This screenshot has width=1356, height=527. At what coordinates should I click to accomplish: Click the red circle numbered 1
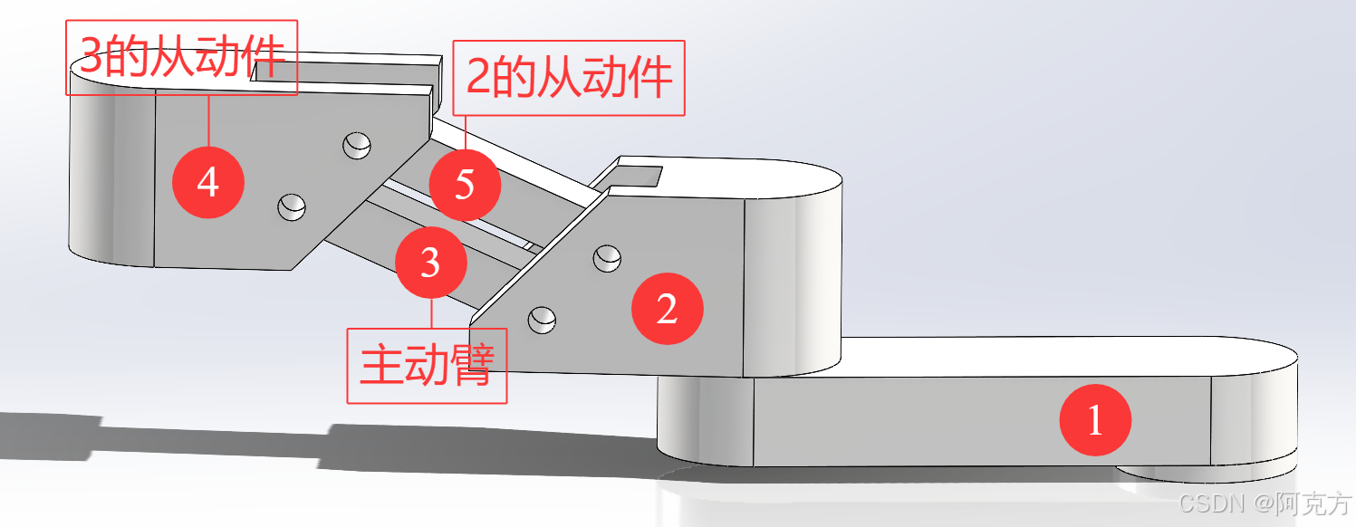point(1096,420)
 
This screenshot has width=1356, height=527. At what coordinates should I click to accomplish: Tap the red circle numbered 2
point(667,309)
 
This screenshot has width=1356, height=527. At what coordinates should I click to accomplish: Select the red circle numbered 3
point(431,263)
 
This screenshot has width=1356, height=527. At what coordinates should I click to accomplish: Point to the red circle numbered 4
point(208,182)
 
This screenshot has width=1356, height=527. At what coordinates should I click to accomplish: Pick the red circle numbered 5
point(464,185)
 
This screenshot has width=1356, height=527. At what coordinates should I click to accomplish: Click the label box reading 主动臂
point(427,365)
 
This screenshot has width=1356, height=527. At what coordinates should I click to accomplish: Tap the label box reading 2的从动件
point(569,78)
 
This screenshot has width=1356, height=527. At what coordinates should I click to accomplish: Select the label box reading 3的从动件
point(182,57)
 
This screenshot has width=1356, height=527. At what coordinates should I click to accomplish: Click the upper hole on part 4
point(357,145)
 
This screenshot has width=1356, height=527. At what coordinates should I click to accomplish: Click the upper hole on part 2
point(607,258)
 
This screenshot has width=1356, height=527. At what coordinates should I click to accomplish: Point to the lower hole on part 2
point(543,317)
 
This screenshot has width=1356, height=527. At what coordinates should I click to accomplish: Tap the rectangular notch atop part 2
point(640,172)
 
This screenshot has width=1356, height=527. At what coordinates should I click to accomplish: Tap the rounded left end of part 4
point(91,177)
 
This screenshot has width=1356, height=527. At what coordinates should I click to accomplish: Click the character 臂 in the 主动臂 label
point(471,365)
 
